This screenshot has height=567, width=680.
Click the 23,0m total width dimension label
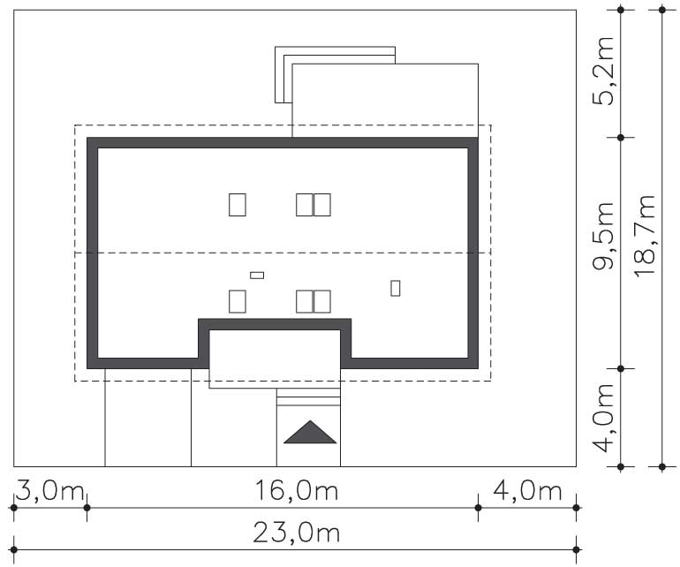tap(296, 532)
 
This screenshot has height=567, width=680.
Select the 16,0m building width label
tap(296, 491)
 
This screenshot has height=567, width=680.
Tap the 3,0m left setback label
tap(49, 491)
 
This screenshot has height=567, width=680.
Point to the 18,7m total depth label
tap(644, 236)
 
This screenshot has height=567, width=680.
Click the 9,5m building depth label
tap(603, 236)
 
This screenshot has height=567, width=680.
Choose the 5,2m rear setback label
tap(603, 72)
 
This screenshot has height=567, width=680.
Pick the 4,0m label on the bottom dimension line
tap(527, 491)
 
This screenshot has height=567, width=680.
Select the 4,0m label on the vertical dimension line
tap(603, 418)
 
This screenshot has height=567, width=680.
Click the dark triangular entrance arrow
tap(310, 432)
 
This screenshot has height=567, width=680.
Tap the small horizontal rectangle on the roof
tap(257, 275)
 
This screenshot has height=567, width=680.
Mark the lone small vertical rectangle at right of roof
tap(395, 288)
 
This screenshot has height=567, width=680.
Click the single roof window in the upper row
tap(238, 205)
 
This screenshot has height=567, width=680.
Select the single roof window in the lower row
tap(238, 301)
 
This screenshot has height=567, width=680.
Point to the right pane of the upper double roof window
tap(322, 205)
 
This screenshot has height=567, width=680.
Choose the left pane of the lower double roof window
tap(305, 301)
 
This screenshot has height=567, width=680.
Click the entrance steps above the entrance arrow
tap(308, 397)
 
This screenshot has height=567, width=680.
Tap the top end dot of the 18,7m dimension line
tap(661, 10)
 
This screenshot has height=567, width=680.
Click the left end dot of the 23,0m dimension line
tap(14, 549)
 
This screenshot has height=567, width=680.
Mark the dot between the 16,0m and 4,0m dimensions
tap(478, 508)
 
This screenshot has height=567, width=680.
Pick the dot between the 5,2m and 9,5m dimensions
tap(621, 138)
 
